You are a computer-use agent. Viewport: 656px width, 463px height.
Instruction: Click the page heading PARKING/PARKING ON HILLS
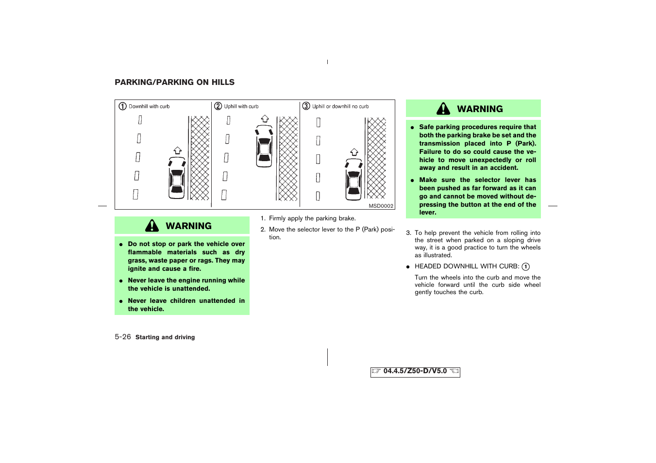(174, 83)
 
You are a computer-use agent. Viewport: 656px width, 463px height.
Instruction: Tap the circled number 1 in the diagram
(123, 106)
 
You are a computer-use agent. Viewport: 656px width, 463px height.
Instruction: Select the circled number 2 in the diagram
(218, 106)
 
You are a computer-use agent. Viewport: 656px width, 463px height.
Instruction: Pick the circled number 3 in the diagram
(306, 106)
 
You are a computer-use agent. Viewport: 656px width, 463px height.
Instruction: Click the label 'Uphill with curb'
(241, 107)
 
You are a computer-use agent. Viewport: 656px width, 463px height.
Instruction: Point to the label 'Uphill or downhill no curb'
(340, 107)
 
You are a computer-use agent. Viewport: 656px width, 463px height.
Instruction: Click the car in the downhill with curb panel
(177, 178)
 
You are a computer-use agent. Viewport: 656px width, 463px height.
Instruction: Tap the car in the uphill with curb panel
(264, 146)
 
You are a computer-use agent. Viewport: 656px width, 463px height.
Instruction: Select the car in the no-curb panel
(354, 179)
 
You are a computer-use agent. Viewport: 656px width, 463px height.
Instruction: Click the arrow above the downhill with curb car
(178, 150)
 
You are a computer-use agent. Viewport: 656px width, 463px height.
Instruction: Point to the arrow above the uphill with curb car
(265, 118)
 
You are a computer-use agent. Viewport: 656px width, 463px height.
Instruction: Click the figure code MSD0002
(381, 206)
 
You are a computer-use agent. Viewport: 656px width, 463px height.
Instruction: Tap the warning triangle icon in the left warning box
(152, 226)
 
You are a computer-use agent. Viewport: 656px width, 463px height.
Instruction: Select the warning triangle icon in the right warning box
(443, 109)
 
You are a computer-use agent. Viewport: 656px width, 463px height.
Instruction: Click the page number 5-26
(123, 337)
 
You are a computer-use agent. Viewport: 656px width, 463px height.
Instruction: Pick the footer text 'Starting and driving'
(165, 337)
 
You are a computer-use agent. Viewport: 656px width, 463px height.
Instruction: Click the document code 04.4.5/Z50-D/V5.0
(415, 371)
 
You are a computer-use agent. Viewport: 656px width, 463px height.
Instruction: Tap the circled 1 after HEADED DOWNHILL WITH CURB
(525, 266)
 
